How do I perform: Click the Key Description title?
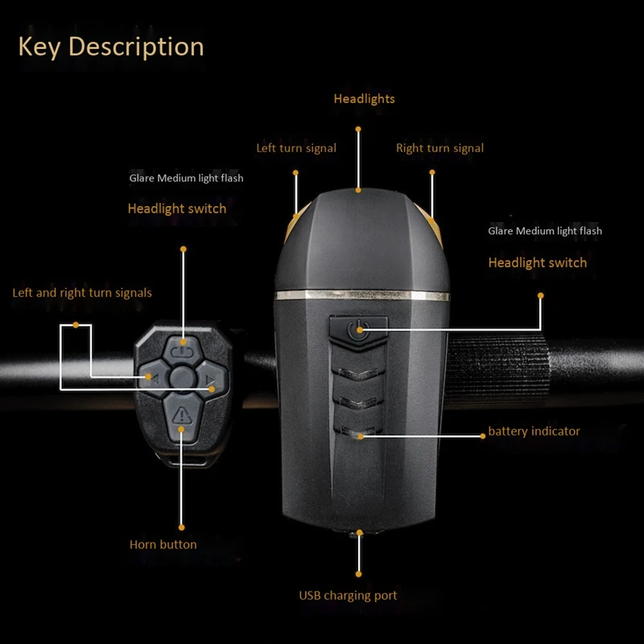point(111,47)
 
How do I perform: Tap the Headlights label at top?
point(365,99)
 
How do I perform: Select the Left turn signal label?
point(296,148)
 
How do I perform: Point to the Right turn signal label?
point(440,148)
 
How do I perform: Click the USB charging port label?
point(348,596)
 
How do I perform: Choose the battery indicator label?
point(534,431)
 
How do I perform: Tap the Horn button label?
point(163,545)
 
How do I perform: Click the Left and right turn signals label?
point(82,293)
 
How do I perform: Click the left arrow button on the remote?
point(153,378)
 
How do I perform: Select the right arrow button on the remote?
point(212,378)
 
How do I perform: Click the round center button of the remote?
point(183,378)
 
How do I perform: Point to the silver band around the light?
point(361,295)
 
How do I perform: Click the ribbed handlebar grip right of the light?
point(497,369)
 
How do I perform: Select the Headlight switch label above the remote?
point(177,208)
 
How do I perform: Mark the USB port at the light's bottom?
point(357,535)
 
